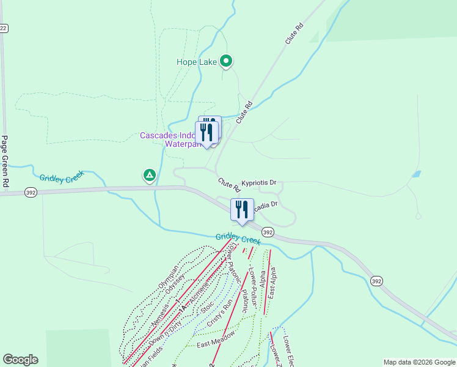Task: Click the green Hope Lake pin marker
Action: click(x=226, y=61)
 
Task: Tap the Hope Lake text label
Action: click(x=196, y=62)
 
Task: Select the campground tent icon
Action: click(x=149, y=176)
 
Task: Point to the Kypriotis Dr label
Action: click(x=258, y=182)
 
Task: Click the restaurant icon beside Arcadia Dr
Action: click(x=242, y=210)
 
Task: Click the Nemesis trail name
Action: click(x=158, y=298)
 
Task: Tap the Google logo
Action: click(x=20, y=360)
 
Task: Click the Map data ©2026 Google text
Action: click(x=419, y=362)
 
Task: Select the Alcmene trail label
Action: click(x=199, y=294)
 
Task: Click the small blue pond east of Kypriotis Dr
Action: click(x=416, y=174)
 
